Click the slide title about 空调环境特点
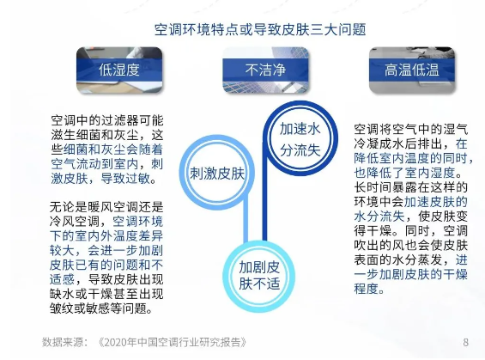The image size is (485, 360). (x=260, y=30)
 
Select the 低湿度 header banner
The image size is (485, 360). (x=119, y=70)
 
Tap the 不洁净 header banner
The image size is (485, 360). (x=266, y=70)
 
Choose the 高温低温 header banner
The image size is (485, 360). (x=412, y=70)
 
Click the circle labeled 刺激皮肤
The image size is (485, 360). (x=184, y=172)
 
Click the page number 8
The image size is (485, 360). (x=465, y=342)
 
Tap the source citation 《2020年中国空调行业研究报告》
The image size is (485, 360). (x=172, y=342)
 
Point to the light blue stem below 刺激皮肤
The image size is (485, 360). (x=246, y=222)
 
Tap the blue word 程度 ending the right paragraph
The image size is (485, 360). (x=367, y=289)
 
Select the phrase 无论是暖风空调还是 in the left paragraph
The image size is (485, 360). (x=106, y=207)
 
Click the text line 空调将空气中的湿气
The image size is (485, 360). (x=411, y=129)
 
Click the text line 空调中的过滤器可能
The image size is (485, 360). (x=107, y=120)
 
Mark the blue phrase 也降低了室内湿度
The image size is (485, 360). (x=404, y=173)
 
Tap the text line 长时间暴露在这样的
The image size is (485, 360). (x=411, y=187)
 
